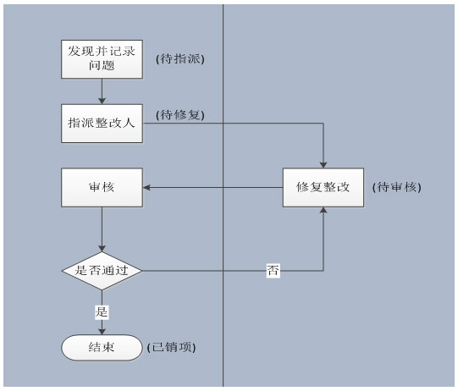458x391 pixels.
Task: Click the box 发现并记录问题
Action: tap(102, 59)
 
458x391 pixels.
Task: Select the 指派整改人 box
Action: tap(102, 124)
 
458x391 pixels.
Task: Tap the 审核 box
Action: tap(102, 188)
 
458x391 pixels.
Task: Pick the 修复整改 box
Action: tap(323, 188)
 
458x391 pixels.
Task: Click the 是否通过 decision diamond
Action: tap(102, 271)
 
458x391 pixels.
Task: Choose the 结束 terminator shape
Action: tap(102, 348)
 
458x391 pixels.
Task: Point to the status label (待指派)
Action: tap(180, 59)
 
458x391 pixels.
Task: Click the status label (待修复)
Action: tap(180, 115)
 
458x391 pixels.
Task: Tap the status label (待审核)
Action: tap(397, 187)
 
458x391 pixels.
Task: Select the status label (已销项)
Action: tap(172, 348)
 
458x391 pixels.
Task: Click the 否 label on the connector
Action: tap(273, 271)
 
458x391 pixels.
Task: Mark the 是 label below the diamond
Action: tap(102, 311)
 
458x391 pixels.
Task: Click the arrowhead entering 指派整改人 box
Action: tap(102, 101)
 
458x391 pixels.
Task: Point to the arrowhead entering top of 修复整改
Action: tap(323, 165)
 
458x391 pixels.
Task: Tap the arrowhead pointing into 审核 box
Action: tap(146, 188)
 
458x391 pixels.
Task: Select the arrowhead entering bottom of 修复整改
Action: tap(323, 210)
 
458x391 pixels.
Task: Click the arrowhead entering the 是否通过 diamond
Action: tap(102, 248)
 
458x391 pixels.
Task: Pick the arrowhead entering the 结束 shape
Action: tap(102, 331)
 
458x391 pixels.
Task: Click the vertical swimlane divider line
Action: tap(223, 195)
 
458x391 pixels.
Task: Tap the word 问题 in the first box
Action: tap(102, 65)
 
